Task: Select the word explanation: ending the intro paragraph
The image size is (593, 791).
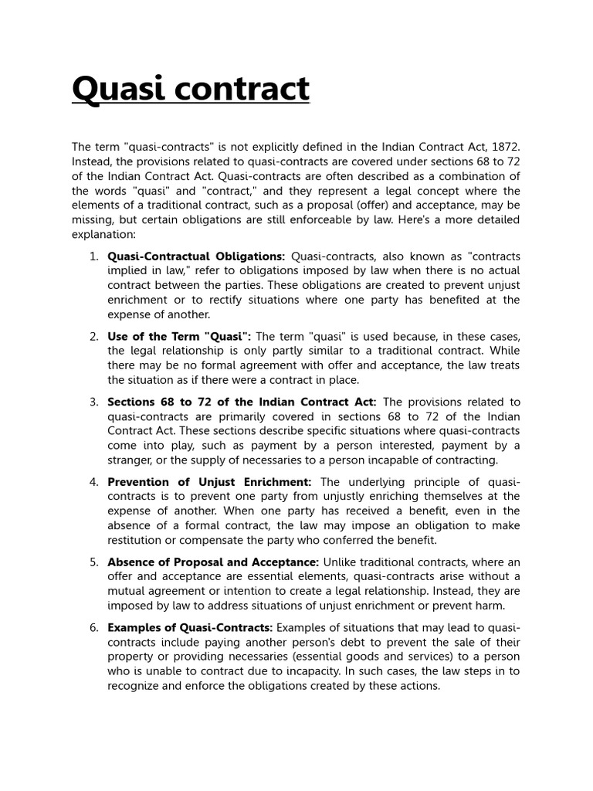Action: pos(104,233)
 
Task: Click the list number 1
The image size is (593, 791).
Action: pos(93,256)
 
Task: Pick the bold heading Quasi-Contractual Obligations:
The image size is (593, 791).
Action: pos(196,256)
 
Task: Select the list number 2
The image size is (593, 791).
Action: pos(93,337)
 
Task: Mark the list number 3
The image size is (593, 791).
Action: pos(93,402)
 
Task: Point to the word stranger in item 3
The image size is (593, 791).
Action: pos(131,460)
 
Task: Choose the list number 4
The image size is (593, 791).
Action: pos(93,482)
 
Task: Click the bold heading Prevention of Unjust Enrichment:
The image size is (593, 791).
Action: pos(209,482)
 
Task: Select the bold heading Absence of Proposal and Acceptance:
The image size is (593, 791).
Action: pos(213,562)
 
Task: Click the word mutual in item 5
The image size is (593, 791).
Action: pos(128,591)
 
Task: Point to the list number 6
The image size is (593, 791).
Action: pos(93,627)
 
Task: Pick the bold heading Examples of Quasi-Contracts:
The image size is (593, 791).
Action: pos(190,627)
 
